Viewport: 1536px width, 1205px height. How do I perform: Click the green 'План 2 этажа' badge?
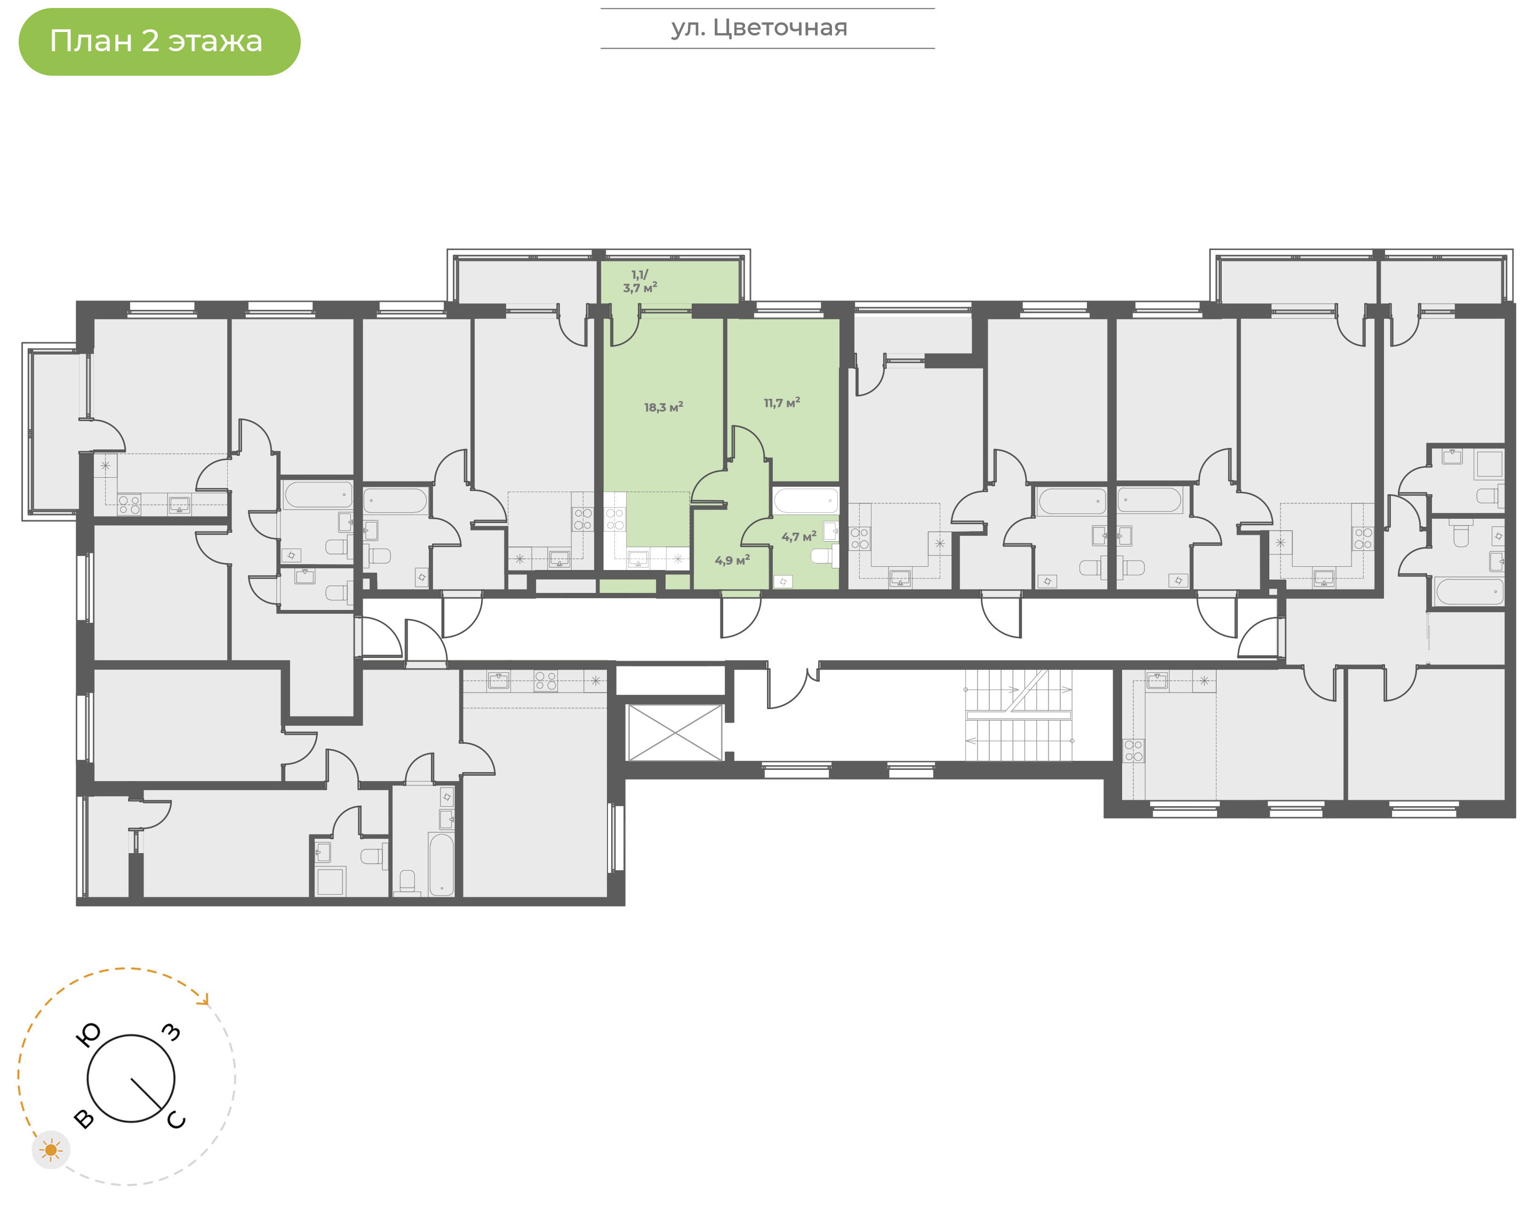point(159,42)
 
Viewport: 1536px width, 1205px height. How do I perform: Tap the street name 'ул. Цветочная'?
point(759,28)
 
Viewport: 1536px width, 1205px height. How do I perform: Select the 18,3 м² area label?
point(663,407)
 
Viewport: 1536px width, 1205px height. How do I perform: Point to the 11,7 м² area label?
point(782,403)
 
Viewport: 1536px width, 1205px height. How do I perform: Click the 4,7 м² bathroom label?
point(799,537)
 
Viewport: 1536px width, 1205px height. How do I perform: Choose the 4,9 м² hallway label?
point(732,560)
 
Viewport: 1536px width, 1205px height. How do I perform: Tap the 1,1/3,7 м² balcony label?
point(640,281)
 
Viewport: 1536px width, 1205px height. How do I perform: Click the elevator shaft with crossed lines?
point(675,732)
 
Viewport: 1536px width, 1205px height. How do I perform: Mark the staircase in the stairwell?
point(1018,714)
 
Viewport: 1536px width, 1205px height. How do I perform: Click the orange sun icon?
point(51,1150)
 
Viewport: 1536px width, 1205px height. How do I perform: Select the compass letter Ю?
point(88,1035)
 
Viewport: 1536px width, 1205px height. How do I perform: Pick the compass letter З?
point(171,1032)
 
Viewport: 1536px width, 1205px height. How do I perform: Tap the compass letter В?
point(84,1119)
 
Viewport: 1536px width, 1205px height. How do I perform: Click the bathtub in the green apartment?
point(806,501)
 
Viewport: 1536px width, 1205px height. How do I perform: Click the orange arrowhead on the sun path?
point(205,999)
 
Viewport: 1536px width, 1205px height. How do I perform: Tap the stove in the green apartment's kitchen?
point(614,520)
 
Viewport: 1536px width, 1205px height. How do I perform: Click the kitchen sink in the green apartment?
point(638,559)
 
